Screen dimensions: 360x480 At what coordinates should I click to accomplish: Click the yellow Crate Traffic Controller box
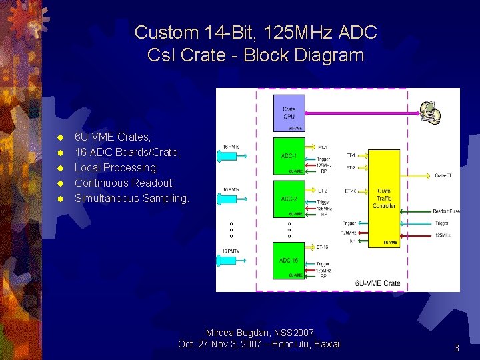coord(383,199)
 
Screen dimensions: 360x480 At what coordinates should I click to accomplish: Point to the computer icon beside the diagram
coord(430,113)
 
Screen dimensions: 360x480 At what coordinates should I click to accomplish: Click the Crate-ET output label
coord(443,175)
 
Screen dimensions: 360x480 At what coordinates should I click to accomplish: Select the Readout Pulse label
coord(445,211)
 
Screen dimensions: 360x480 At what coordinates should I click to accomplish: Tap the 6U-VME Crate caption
coord(378,283)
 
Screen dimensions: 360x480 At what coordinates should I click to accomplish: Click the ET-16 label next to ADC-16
coord(322,247)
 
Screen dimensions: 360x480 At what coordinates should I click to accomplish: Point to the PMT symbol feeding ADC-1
coord(221,157)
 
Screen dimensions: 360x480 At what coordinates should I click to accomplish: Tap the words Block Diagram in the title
coord(304,55)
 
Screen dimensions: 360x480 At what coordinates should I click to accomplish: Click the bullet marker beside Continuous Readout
coord(60,183)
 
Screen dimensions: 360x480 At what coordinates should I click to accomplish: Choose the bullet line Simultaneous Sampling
coord(131,198)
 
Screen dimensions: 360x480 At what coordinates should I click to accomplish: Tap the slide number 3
coord(456,348)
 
